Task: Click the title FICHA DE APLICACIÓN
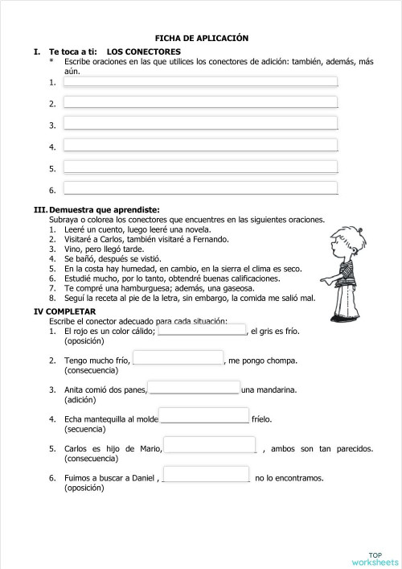pos(201,38)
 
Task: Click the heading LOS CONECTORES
pos(143,52)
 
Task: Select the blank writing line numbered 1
pos(200,81)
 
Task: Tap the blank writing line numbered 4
pos(200,146)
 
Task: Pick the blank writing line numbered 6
pos(200,188)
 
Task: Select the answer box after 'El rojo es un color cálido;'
pos(203,330)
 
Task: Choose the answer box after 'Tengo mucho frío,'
pos(178,359)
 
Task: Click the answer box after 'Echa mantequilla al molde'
pos(204,417)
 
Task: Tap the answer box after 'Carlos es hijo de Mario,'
pos(210,446)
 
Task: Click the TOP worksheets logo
pos(375,557)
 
